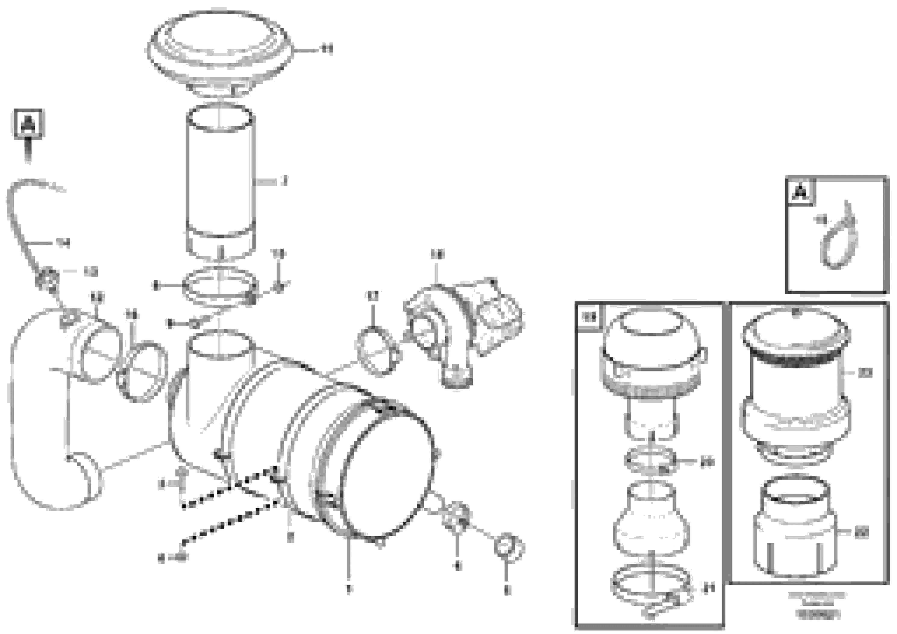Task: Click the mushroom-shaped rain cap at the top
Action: [220, 51]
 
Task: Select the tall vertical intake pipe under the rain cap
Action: [221, 184]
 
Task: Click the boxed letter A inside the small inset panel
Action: [801, 192]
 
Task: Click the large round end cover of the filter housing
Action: [387, 477]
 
